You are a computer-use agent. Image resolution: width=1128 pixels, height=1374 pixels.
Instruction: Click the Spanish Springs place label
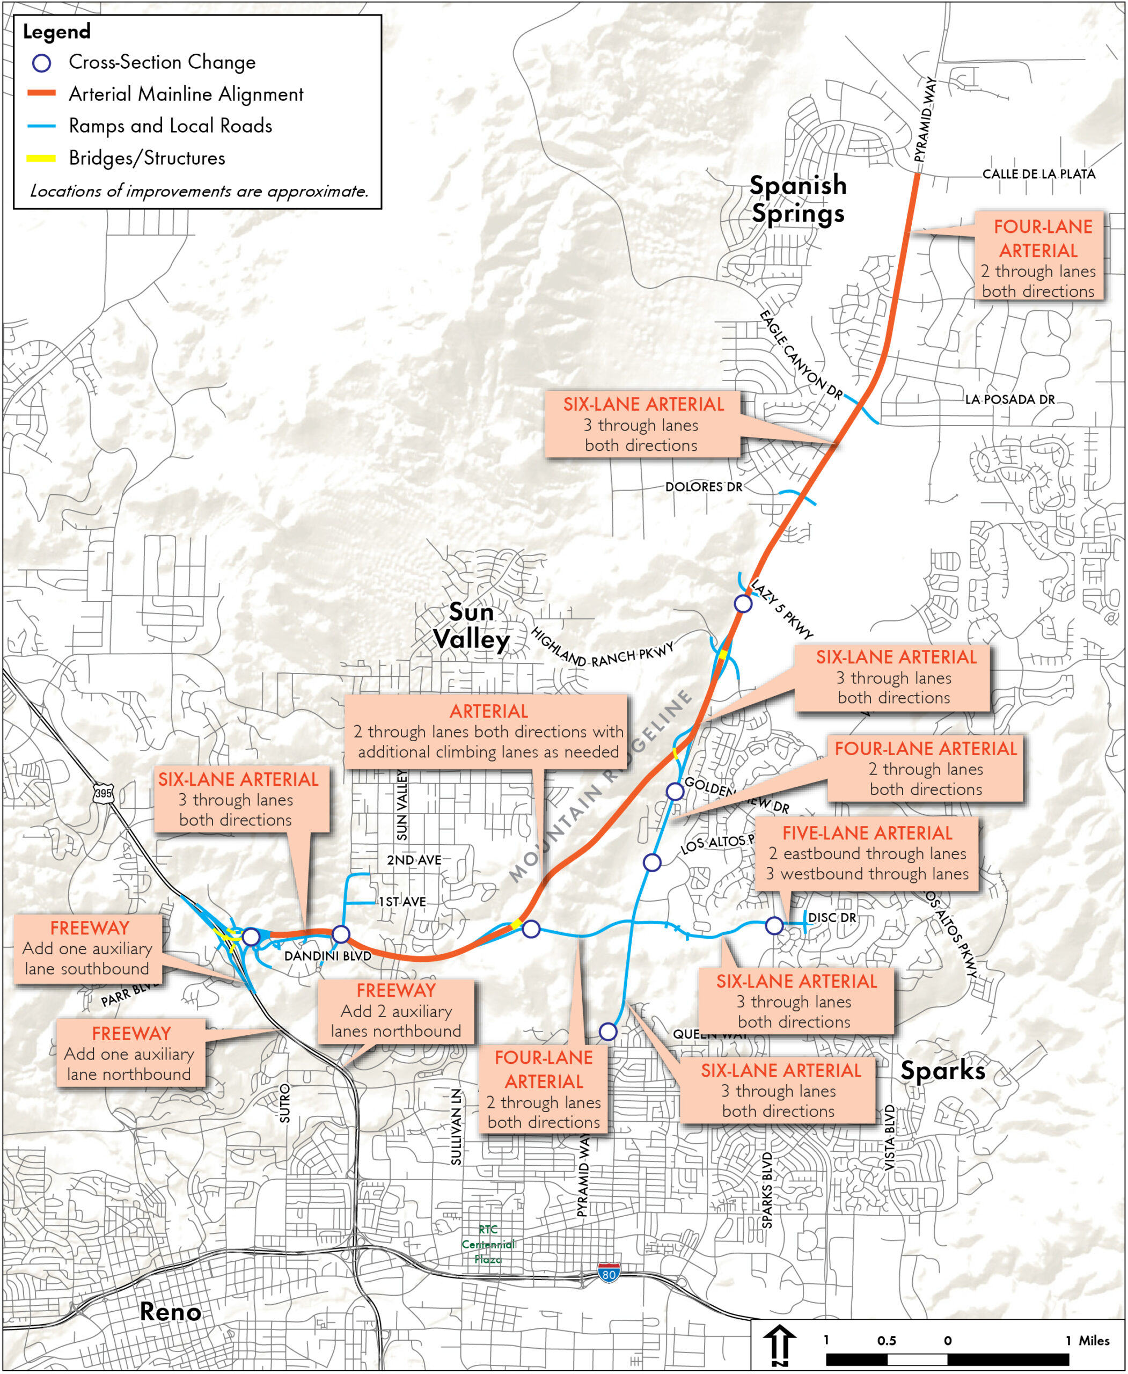pos(798,199)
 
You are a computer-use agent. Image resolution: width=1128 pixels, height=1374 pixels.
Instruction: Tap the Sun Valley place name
pos(472,626)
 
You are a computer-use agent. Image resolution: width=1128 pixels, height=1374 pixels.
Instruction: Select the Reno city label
pos(170,1312)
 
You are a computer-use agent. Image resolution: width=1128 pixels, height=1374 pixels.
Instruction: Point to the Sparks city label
pos(942,1070)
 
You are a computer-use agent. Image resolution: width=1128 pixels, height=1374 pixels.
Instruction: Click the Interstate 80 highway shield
pos(608,1273)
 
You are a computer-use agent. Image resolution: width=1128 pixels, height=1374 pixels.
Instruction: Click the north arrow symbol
pos(779,1345)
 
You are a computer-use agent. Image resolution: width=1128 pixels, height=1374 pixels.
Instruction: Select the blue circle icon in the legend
pos(41,63)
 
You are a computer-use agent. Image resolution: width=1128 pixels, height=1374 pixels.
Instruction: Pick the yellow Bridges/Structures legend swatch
pos(41,158)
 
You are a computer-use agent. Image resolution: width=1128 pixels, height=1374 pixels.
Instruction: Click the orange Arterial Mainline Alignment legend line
pos(41,93)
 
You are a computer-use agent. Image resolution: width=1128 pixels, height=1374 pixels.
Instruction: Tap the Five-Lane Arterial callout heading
pos(867,832)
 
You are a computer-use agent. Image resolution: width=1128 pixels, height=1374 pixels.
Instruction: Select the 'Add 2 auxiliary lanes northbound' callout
pos(395,1011)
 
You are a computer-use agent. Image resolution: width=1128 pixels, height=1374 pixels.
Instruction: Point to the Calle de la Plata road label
pos(1038,174)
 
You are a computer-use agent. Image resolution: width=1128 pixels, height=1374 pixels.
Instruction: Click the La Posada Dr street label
pos(1009,400)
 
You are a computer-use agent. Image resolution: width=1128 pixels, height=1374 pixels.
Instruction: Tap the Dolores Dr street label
pos(703,487)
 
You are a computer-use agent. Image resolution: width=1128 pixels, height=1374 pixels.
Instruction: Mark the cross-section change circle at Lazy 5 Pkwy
pos(743,604)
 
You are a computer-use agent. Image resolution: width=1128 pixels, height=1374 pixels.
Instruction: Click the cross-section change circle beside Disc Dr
pos(774,925)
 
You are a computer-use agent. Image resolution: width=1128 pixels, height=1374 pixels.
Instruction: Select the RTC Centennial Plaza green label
pos(488,1244)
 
